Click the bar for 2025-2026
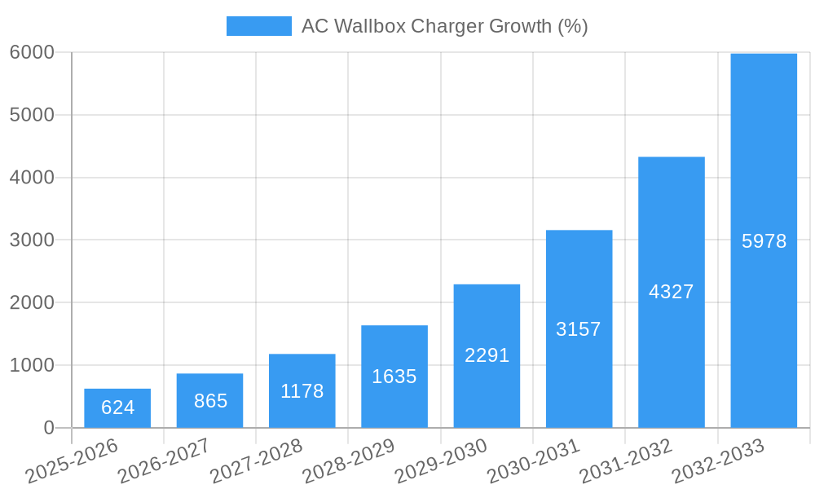pos(117,408)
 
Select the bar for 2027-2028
pos(302,391)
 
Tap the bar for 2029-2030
pos(487,356)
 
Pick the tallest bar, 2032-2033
pos(764,240)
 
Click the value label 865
pos(210,401)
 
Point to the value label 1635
pos(394,377)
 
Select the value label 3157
pos(579,329)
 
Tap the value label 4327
pos(671,292)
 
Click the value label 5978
pos(764,241)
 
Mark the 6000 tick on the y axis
pos(32,52)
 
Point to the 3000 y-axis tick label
pos(32,240)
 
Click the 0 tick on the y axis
pos(48,428)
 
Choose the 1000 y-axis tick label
pos(32,365)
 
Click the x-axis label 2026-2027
pos(163,461)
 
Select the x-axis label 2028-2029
pos(348,461)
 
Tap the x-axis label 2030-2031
pos(533,461)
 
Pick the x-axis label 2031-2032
pos(625,461)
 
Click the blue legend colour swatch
pos(258,26)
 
